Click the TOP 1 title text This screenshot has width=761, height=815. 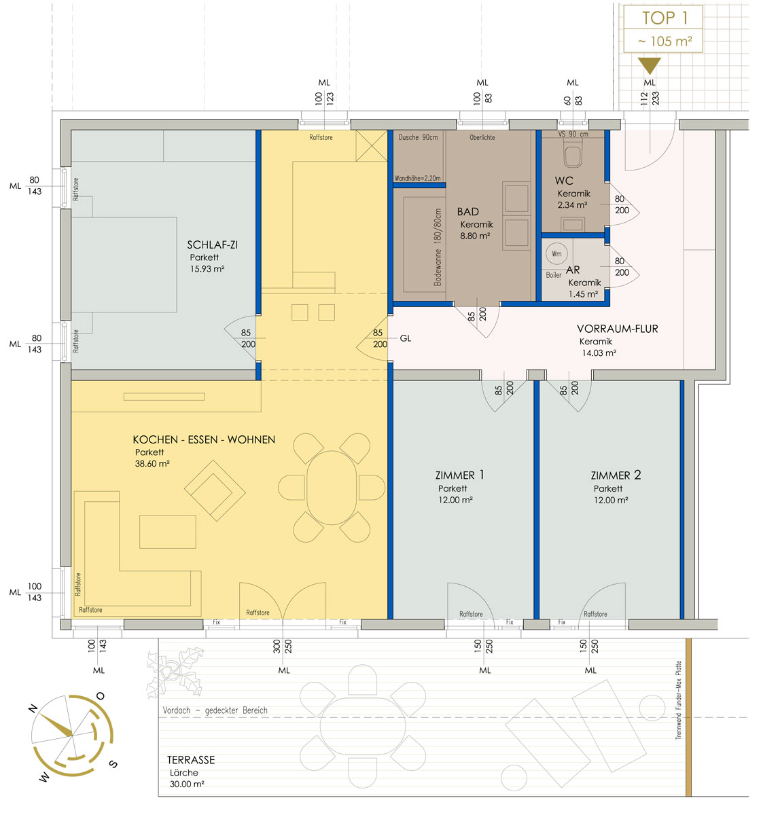(664, 18)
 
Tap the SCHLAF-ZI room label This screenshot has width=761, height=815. (212, 245)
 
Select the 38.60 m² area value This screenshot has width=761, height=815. (152, 464)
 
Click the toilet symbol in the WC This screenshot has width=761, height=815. (573, 153)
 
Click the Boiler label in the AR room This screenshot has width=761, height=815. (553, 275)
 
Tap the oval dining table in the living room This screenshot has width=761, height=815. (332, 488)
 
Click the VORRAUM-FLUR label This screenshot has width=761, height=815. (617, 329)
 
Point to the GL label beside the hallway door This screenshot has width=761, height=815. (405, 338)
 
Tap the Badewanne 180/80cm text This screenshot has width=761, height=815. (438, 247)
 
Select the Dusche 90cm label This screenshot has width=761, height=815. (418, 137)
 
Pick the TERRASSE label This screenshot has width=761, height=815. (190, 760)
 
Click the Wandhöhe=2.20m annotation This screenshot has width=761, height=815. (417, 178)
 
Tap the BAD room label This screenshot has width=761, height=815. (467, 212)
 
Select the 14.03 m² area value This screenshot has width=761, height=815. (599, 352)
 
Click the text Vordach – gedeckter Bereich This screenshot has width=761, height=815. (215, 710)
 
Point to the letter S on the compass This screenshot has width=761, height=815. (113, 764)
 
